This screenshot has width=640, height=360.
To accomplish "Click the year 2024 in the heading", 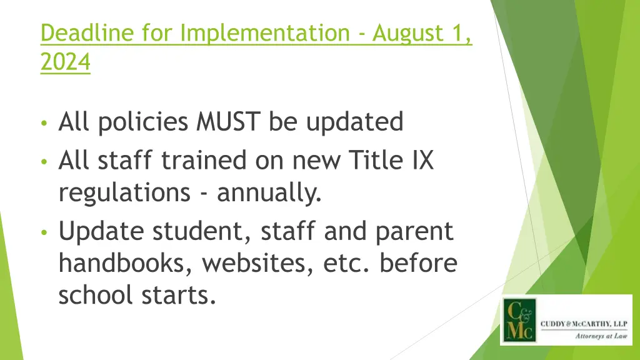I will (65, 63).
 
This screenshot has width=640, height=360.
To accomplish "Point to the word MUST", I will (230, 122).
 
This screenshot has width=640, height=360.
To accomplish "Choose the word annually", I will (269, 193).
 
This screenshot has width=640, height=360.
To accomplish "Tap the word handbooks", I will (129, 263).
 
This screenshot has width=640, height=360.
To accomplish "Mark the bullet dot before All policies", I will (43, 123).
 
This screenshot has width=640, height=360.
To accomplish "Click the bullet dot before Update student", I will (43, 232).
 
